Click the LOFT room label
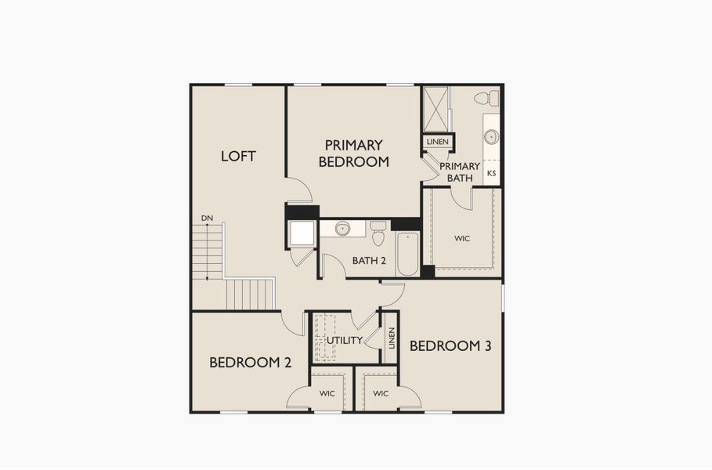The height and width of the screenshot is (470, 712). pyautogui.click(x=238, y=156)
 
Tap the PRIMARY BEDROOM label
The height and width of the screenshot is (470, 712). pyautogui.click(x=353, y=154)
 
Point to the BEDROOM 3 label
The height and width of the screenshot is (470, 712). pyautogui.click(x=450, y=345)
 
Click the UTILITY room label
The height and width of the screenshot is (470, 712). pyautogui.click(x=344, y=341)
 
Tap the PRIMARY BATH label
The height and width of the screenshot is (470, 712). pyautogui.click(x=460, y=172)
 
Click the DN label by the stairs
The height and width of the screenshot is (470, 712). pyautogui.click(x=207, y=218)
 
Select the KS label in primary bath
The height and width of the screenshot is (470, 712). pyautogui.click(x=492, y=173)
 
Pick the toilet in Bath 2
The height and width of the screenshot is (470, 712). pyautogui.click(x=378, y=232)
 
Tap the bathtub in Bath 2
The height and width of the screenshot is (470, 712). pyautogui.click(x=407, y=253)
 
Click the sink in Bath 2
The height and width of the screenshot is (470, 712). pyautogui.click(x=342, y=229)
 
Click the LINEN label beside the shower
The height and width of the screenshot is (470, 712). pyautogui.click(x=438, y=142)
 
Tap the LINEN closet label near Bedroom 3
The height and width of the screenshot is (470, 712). pyautogui.click(x=390, y=338)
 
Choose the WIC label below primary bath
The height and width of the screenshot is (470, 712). pyautogui.click(x=462, y=238)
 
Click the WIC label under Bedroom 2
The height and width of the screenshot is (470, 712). pyautogui.click(x=327, y=393)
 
